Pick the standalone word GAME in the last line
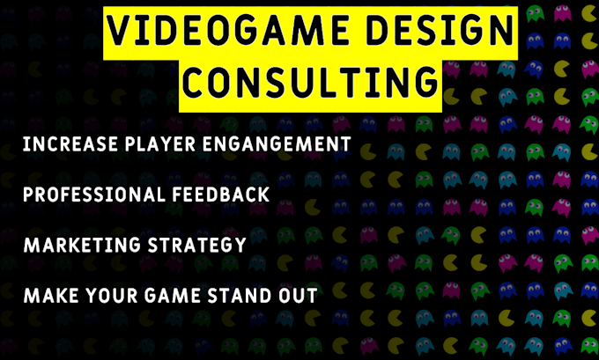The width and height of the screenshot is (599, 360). [x=163, y=296]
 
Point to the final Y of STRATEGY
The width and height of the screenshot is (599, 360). [x=239, y=245]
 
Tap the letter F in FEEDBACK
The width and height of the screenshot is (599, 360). [x=185, y=194]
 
